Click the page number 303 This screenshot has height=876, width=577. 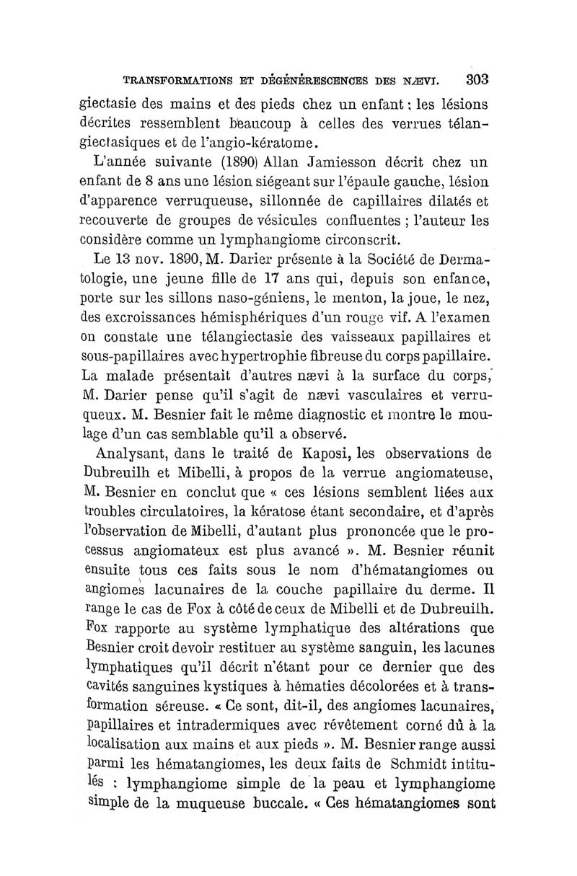click(x=477, y=79)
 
